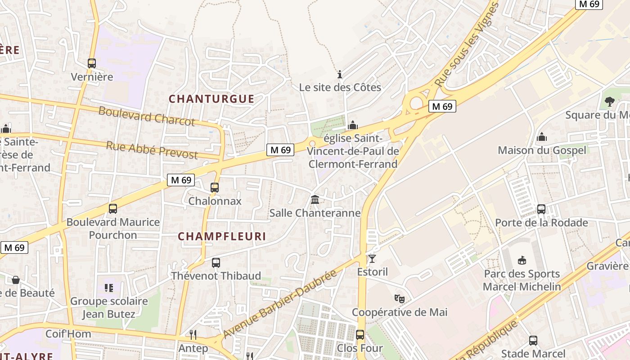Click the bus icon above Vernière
coord(92,63)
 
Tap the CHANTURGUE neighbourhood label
coord(211,99)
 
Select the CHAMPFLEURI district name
coord(222,236)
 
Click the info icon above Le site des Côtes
coord(340,74)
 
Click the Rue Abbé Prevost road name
coord(152,150)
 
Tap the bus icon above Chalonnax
coord(215,188)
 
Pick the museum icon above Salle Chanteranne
coord(315,199)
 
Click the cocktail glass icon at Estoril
coord(372,259)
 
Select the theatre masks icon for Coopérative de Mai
coord(399,298)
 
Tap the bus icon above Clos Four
coord(360,335)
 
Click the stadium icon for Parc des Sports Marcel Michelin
coord(522,260)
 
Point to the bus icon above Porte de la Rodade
coord(541,209)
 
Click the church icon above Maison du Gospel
coord(542,137)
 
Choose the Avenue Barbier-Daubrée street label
coord(280,304)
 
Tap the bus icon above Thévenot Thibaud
coord(216,262)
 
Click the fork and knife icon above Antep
coord(193,334)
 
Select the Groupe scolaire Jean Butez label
coord(109,307)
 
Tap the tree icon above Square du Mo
coord(610,102)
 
